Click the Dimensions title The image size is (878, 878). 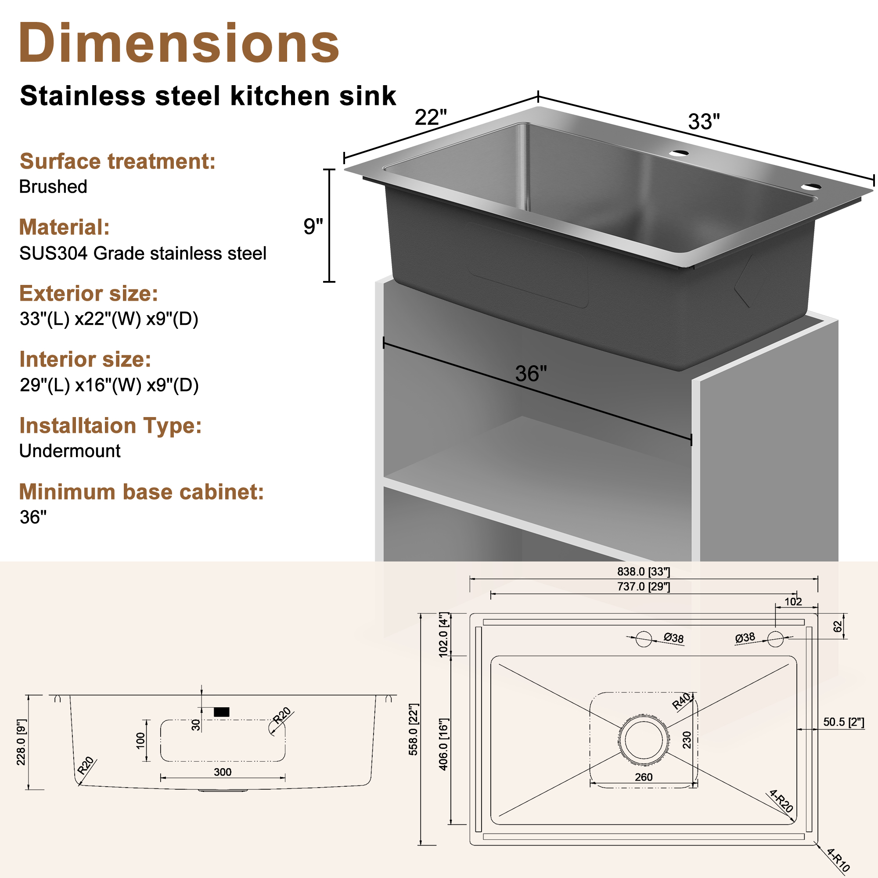pos(179,43)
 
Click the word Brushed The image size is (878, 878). pos(53,187)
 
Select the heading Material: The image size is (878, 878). pos(64,227)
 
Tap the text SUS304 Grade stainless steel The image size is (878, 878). pos(143,254)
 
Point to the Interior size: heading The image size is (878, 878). pos(85,360)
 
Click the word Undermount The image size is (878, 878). pos(69,451)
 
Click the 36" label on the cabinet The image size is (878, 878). pos(531,374)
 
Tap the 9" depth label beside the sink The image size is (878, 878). pos(313,227)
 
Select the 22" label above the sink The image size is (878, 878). pos(430,118)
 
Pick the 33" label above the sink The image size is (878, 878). pos(704,122)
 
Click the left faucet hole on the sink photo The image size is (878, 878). pos(679,153)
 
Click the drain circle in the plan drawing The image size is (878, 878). pos(644,740)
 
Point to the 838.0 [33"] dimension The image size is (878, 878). pos(644,572)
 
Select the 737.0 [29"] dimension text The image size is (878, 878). pos(644,587)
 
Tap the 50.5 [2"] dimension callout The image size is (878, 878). pos(843,722)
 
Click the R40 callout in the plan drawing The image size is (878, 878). pos(682,701)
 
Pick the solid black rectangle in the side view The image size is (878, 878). pos(221,712)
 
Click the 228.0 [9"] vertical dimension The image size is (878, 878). pos(22,742)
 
